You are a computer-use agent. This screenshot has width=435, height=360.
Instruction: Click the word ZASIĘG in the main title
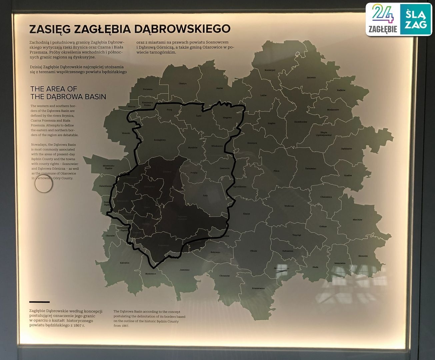[x=50, y=29]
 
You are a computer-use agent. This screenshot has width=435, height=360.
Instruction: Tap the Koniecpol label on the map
[x=270, y=70]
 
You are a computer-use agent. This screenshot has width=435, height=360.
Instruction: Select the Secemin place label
[x=311, y=77]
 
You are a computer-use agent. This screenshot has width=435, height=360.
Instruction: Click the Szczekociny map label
[x=300, y=122]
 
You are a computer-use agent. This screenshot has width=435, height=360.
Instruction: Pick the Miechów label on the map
[x=357, y=220]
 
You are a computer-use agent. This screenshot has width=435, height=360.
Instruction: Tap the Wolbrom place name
[x=289, y=206]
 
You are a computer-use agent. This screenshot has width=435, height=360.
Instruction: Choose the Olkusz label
[x=253, y=251]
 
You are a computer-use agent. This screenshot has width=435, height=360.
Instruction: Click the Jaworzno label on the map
[x=184, y=269]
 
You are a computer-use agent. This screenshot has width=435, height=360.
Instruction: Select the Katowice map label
[x=125, y=263]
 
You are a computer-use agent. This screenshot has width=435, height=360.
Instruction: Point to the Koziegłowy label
[x=160, y=140]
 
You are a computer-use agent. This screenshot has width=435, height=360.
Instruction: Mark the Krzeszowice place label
[x=258, y=288]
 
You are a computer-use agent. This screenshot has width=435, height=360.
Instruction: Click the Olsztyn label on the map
[x=183, y=83]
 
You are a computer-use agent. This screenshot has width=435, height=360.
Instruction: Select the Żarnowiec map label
[x=310, y=169]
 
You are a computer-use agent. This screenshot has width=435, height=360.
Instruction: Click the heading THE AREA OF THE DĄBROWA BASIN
[x=68, y=93]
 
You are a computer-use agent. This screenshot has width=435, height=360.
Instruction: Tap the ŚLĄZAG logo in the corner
[x=416, y=19]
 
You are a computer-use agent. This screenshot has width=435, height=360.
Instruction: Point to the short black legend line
[x=39, y=302]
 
